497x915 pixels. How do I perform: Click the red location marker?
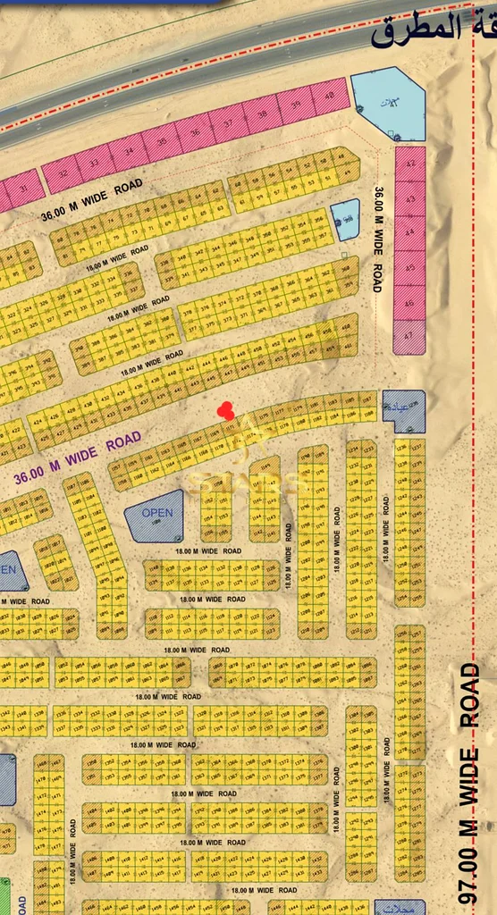(226, 411)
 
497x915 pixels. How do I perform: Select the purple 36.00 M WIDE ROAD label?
(78, 457)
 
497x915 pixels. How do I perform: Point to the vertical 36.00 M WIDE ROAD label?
(378, 239)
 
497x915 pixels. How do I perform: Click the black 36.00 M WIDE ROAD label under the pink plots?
(91, 202)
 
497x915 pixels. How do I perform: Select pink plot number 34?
(128, 150)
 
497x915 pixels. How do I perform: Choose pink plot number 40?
(330, 96)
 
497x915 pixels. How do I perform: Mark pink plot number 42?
(410, 164)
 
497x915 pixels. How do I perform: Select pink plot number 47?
(410, 337)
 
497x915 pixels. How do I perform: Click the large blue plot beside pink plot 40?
(387, 104)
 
